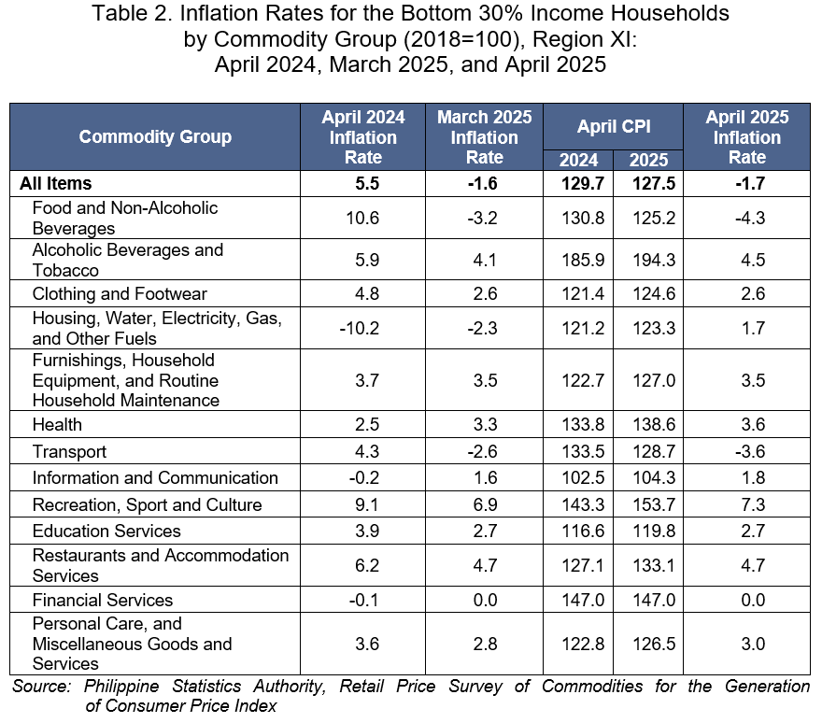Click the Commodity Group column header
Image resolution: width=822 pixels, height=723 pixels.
[x=155, y=136]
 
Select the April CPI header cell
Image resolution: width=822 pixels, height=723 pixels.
[x=614, y=126]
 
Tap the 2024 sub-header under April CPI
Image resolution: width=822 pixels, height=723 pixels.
[x=578, y=160]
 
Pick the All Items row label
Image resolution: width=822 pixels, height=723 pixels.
[x=55, y=183]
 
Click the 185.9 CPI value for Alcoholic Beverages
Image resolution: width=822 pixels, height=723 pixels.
[x=583, y=260]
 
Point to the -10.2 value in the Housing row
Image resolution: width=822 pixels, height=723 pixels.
[x=359, y=328]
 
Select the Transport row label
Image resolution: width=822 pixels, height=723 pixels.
[x=69, y=451]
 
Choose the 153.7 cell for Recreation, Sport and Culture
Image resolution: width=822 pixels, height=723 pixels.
[x=654, y=504]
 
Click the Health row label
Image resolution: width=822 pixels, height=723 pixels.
[x=57, y=424]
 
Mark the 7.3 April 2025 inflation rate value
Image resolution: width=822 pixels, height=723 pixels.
[x=753, y=504]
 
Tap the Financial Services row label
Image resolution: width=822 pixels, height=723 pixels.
[x=103, y=600]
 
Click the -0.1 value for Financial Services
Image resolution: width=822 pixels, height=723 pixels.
[x=363, y=600]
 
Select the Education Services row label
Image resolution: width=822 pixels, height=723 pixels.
[x=106, y=531]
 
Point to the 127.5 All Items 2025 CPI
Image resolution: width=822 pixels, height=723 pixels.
[x=654, y=183]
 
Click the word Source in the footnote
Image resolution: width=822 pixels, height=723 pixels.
[x=41, y=686]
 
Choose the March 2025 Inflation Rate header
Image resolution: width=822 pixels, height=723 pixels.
[x=485, y=136]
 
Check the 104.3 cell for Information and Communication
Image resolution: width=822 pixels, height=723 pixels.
[x=654, y=477]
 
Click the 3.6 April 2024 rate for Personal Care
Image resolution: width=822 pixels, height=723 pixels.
[x=367, y=644]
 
